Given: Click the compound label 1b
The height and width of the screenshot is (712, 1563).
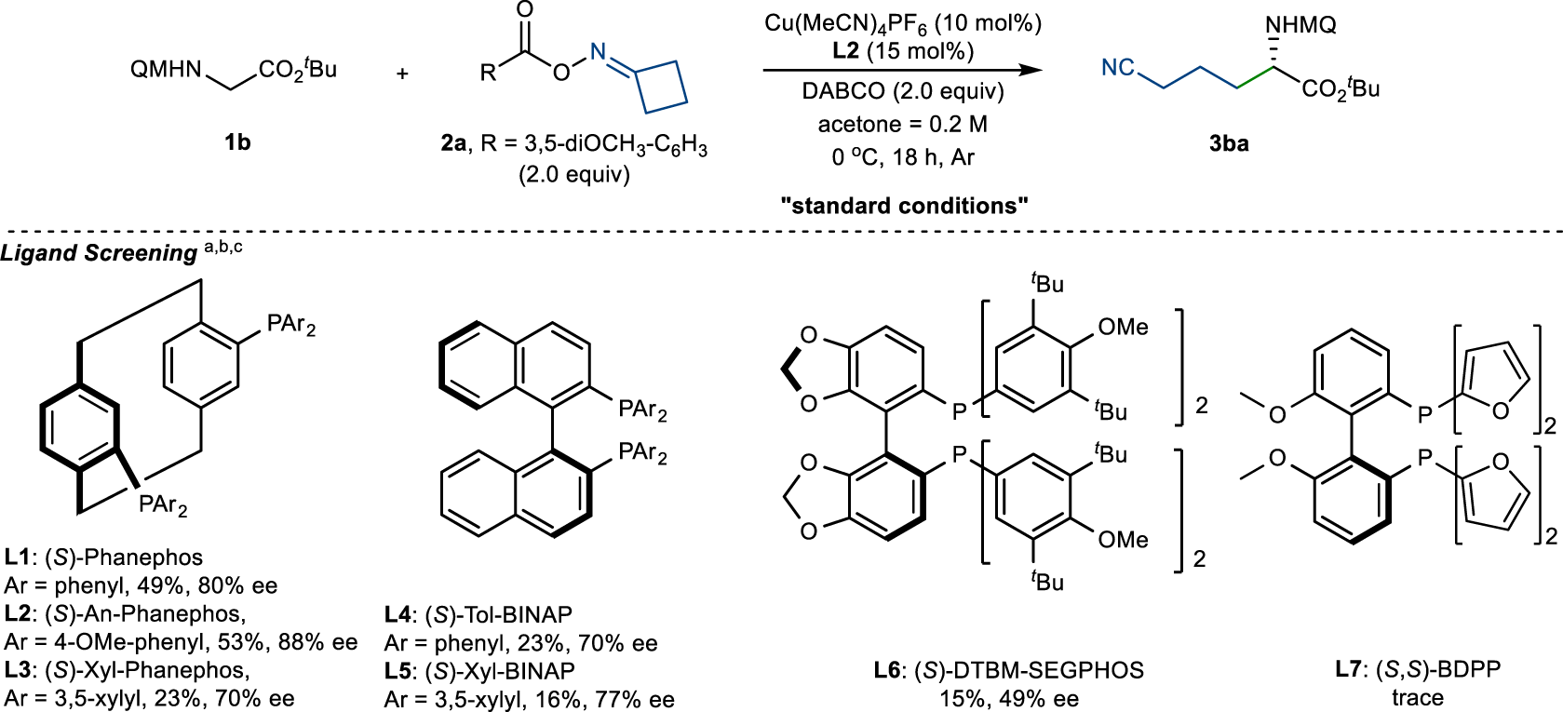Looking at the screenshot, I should [x=237, y=142].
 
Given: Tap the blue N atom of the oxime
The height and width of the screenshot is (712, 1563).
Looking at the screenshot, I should [x=599, y=53].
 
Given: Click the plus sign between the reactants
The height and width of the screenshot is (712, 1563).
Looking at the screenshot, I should [x=402, y=73].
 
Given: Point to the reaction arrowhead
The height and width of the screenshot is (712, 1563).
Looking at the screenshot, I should [x=1030, y=70].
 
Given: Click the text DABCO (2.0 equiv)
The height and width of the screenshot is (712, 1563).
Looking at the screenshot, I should [x=903, y=91].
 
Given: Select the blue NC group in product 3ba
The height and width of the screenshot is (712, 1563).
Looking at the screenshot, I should [x=1118, y=67].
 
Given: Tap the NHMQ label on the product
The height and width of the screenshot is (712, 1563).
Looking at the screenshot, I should [x=1300, y=25].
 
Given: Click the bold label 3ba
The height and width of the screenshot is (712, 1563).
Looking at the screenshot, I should [x=1229, y=143].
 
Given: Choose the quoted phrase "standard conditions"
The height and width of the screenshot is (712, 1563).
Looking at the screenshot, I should [x=904, y=206].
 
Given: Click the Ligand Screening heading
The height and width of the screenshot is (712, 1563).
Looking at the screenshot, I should [x=99, y=253].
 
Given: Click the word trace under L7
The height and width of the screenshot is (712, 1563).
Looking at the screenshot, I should [x=1417, y=698].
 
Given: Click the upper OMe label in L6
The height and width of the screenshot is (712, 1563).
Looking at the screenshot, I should [x=1123, y=328].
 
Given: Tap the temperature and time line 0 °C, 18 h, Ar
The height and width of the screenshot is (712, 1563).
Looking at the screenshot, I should [x=903, y=157].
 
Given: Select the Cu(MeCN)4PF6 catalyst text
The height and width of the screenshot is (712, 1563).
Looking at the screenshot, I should [x=903, y=23].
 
